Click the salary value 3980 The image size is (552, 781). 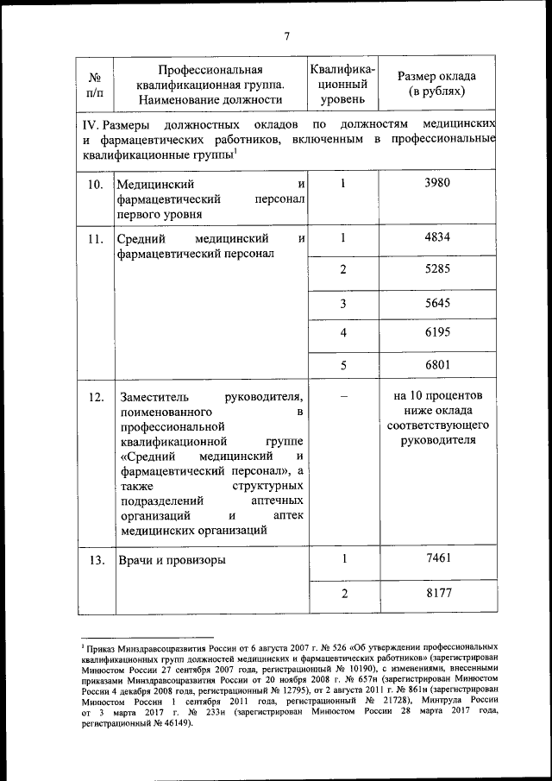[438, 183]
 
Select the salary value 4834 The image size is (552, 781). [438, 238]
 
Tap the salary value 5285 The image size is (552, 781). [438, 269]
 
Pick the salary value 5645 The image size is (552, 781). [438, 303]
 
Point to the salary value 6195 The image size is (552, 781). [438, 332]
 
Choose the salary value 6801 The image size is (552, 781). [438, 364]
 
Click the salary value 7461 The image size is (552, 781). [438, 558]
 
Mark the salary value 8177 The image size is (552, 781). [438, 593]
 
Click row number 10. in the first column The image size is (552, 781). [96, 184]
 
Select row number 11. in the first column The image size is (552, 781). [96, 239]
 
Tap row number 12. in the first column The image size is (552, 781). [96, 397]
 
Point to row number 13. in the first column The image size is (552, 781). [96, 560]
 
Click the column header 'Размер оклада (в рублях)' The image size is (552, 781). [436, 83]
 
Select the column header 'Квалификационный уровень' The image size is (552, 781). [342, 85]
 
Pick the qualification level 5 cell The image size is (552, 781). [343, 364]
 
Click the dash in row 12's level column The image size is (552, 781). [343, 396]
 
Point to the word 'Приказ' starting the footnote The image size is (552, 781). [101, 646]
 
